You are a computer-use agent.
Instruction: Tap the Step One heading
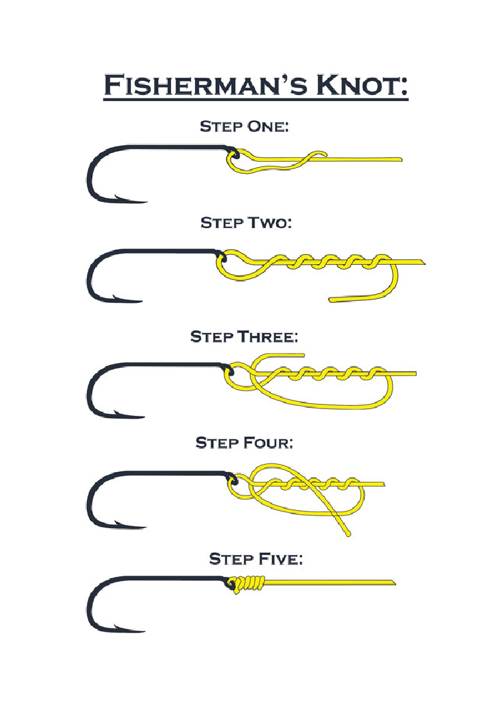244,126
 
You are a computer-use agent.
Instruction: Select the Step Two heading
246,223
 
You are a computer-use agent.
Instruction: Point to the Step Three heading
244,336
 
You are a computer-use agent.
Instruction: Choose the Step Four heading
244,443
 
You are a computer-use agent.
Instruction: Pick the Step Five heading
256,559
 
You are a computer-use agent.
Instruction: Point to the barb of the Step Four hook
118,523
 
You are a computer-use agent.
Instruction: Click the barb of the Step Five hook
118,627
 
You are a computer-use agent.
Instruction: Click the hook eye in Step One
233,156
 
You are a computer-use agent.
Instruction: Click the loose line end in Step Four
347,534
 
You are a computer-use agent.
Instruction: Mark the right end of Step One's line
400,159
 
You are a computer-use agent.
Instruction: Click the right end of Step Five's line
393,583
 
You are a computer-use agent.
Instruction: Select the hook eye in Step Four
232,482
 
